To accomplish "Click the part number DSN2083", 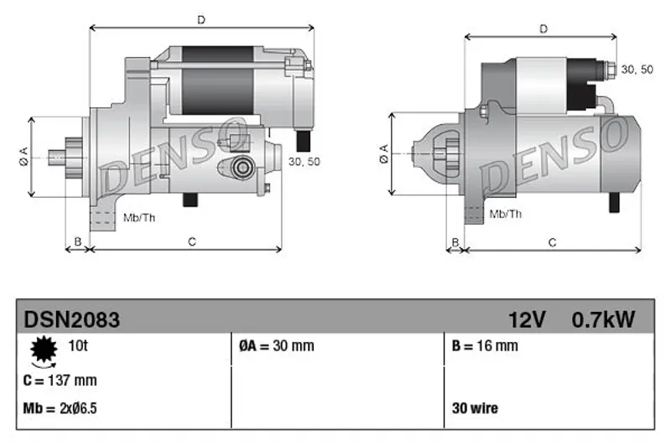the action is pyautogui.click(x=72, y=320).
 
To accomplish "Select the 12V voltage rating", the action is pyautogui.click(x=527, y=320).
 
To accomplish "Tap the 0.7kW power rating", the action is pyautogui.click(x=603, y=320).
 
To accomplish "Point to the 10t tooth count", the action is pyautogui.click(x=78, y=345).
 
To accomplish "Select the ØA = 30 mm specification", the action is pyautogui.click(x=277, y=346).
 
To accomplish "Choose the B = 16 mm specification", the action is pyautogui.click(x=485, y=346).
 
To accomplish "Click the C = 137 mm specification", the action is pyautogui.click(x=60, y=380).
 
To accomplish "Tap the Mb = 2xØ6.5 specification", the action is pyautogui.click(x=60, y=408).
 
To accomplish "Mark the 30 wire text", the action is pyautogui.click(x=475, y=408).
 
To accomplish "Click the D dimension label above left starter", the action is pyautogui.click(x=201, y=19).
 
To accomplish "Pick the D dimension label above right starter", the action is pyautogui.click(x=544, y=29).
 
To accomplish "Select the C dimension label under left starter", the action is pyautogui.click(x=192, y=242).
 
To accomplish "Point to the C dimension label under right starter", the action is pyautogui.click(x=552, y=243).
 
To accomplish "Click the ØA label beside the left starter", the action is pyautogui.click(x=23, y=156).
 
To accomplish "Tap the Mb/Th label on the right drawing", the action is pyautogui.click(x=506, y=214).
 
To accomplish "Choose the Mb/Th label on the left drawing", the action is pyautogui.click(x=139, y=218).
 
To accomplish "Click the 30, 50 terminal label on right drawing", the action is pyautogui.click(x=637, y=70).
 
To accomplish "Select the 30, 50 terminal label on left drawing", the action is pyautogui.click(x=304, y=162).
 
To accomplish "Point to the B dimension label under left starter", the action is pyautogui.click(x=77, y=242).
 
